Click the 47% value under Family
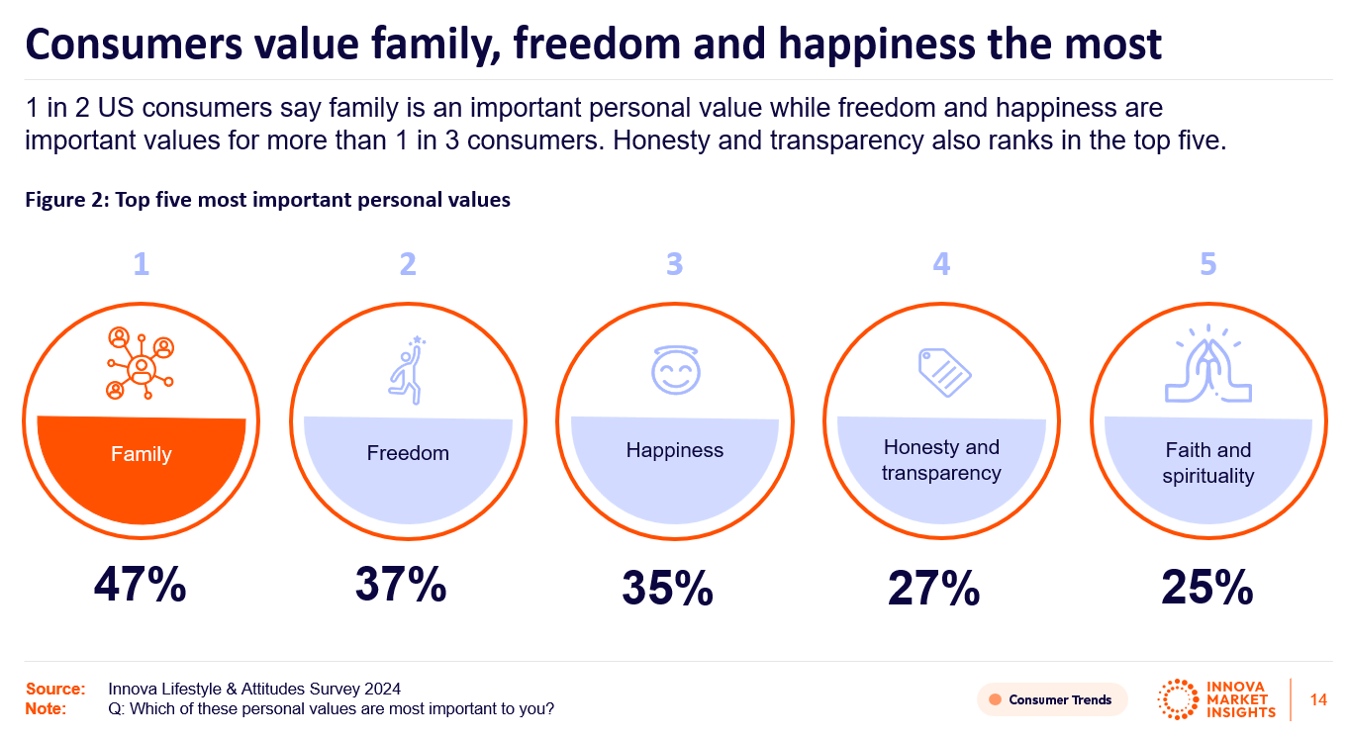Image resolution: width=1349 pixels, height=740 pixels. coord(141,586)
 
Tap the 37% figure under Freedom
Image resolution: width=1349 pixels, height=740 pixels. coord(401,585)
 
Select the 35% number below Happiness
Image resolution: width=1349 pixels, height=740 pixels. coord(668,589)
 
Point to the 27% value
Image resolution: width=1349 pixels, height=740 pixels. coord(934,589)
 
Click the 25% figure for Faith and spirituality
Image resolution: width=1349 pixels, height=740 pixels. coord(1207,589)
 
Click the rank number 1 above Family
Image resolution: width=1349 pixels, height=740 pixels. coord(142,264)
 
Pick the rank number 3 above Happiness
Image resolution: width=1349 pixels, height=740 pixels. coord(675,264)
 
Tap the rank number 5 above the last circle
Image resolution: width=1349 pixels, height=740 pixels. coord(1207,264)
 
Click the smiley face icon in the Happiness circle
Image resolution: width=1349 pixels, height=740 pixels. coord(675,371)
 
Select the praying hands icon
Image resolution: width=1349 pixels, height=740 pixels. coord(1207,369)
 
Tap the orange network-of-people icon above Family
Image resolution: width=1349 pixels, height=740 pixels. coord(142,363)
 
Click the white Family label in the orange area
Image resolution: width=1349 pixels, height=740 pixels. coord(142,455)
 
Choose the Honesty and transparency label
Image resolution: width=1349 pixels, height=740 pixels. coord(941,460)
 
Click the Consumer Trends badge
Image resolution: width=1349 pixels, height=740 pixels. coord(1051,699)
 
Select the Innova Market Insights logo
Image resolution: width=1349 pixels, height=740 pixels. coord(1216,698)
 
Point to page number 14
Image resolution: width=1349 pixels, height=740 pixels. coord(1318,699)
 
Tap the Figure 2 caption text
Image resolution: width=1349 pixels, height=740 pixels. coord(267,200)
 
